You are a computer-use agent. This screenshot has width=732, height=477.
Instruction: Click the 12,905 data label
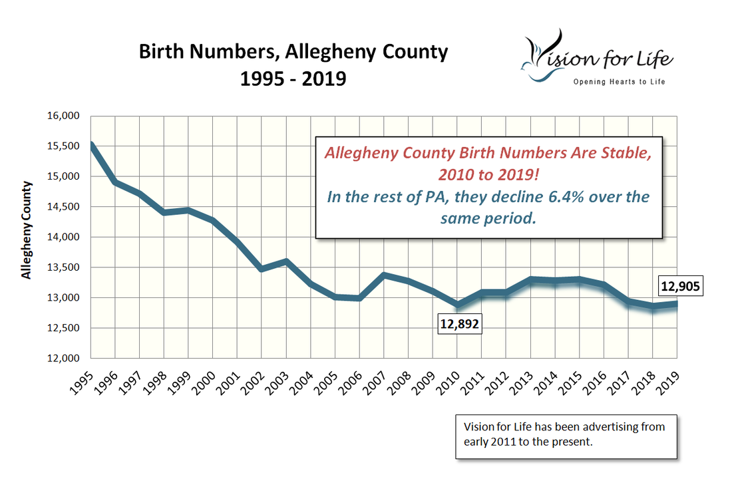point(681,287)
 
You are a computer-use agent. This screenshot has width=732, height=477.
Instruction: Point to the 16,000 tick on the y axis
point(64,116)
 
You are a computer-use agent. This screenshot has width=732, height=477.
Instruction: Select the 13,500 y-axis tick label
point(64,267)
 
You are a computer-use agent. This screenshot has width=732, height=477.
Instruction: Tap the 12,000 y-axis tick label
point(64,359)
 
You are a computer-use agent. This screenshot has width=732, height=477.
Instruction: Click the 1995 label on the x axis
point(81,382)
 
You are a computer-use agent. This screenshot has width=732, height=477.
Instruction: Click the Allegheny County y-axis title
point(27,229)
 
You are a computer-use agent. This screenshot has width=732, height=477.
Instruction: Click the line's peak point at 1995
point(91,145)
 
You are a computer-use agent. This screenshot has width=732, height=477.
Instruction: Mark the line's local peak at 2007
point(384,275)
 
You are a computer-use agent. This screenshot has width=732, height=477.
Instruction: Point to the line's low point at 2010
point(457,305)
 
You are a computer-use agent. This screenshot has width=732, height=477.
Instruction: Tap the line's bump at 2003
point(286,261)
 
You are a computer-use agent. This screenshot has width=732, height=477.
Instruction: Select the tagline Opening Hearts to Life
point(620,81)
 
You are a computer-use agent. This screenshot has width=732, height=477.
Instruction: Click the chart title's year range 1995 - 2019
point(293,79)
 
